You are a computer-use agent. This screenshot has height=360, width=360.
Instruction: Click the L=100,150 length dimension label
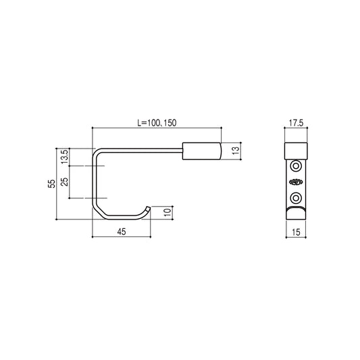(x=157, y=123)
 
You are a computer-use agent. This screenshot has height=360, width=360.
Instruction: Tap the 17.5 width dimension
(x=296, y=123)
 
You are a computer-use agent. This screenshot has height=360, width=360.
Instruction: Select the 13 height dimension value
(x=236, y=149)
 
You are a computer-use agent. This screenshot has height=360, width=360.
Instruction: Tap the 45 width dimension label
(x=122, y=231)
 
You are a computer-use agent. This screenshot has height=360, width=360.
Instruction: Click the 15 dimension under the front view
(x=297, y=232)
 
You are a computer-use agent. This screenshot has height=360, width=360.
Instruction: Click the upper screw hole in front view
(x=297, y=165)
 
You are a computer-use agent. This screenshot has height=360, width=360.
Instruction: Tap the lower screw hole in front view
(x=297, y=197)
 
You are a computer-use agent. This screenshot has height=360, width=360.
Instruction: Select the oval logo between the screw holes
(x=297, y=181)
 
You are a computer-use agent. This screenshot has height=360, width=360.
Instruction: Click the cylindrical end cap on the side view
(x=203, y=149)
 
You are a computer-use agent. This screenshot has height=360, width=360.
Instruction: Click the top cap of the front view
(x=297, y=149)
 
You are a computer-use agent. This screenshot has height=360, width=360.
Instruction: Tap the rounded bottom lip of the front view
(x=297, y=214)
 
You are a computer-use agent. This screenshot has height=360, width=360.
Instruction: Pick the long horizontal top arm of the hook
(x=142, y=149)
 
